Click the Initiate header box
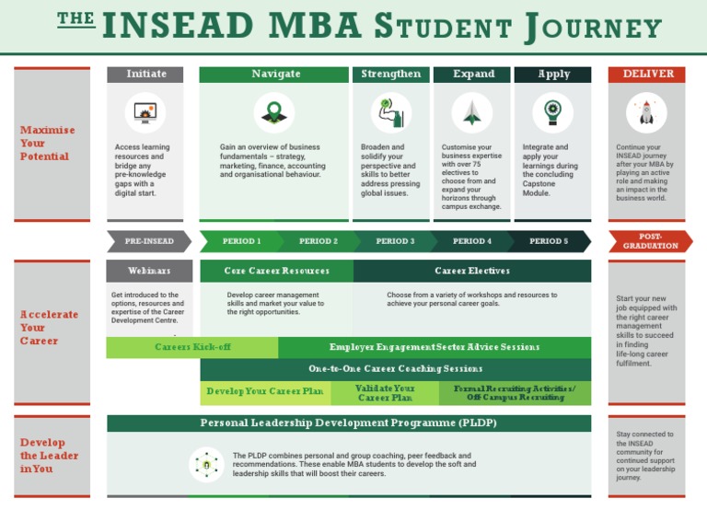tap(146, 75)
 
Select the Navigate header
tap(275, 75)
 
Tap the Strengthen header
tap(390, 75)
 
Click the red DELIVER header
tap(647, 75)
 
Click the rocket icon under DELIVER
tap(646, 113)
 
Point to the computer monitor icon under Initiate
tap(145, 113)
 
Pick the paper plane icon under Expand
tap(472, 113)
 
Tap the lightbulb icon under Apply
tap(552, 113)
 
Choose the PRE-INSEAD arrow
tap(148, 241)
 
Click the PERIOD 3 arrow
tap(394, 241)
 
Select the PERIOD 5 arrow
tap(549, 241)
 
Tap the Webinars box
tap(149, 272)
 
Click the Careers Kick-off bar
tap(191, 347)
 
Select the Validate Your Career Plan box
tap(385, 394)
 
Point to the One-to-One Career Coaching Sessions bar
tap(396, 369)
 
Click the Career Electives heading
tap(472, 272)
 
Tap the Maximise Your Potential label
tap(47, 144)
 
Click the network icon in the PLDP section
tap(206, 464)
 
